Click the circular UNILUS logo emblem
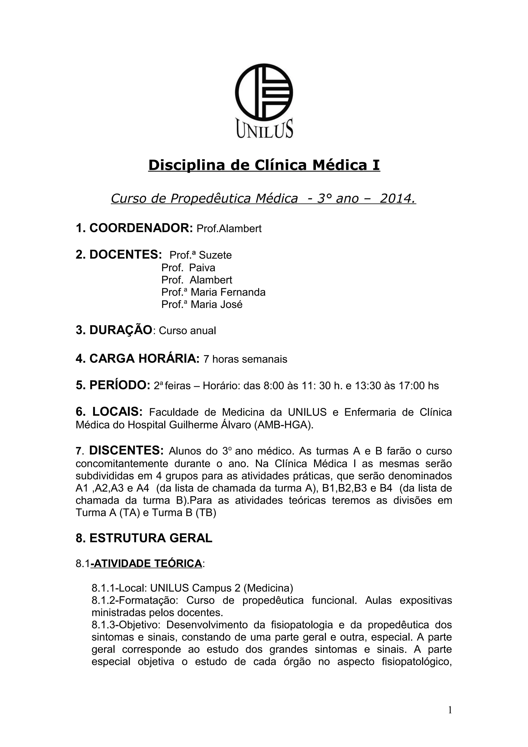tap(264, 92)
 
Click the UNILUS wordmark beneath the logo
tap(264, 129)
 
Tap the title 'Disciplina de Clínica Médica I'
tap(264, 165)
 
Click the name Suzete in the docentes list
tap(215, 255)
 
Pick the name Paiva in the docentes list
tap(202, 268)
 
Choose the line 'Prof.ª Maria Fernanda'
tap(213, 292)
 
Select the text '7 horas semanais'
tap(245, 359)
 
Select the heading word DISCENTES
tap(126, 451)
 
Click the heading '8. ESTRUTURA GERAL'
tap(144, 538)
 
